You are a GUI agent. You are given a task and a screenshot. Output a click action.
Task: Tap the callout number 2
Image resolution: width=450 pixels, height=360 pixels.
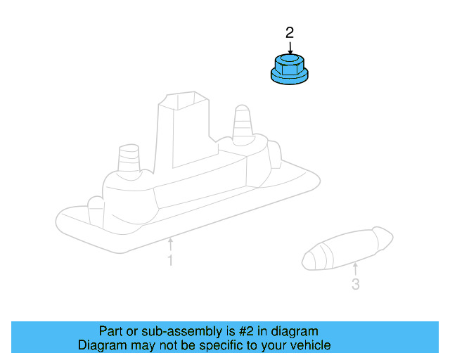pos(290,32)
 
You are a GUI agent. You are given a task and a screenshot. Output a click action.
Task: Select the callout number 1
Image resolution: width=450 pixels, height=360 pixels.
pos(169,262)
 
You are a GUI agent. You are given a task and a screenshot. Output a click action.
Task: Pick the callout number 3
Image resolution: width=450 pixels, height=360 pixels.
pos(355,285)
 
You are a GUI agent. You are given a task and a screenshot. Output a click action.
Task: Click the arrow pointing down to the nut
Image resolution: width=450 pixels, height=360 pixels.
pos(290,46)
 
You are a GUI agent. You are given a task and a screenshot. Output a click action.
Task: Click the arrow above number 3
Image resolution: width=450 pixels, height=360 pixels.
pos(355,267)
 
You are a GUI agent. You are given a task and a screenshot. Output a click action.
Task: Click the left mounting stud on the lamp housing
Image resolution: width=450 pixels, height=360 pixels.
pos(129,159)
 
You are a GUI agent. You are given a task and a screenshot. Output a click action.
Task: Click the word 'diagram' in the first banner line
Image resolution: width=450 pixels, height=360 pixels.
pos(295,331)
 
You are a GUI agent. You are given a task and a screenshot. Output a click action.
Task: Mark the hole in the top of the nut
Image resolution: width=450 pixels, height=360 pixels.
pos(289,56)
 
